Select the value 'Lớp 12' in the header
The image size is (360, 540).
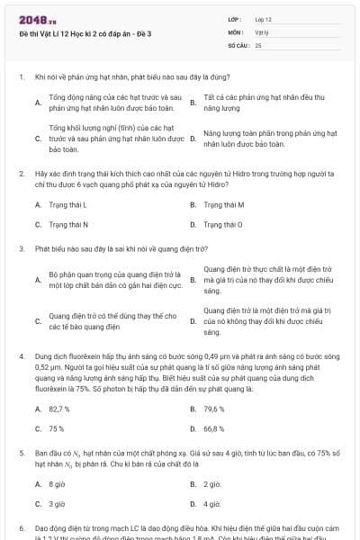click(x=264, y=18)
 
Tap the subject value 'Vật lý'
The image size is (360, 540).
click(x=262, y=31)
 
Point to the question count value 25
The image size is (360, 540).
click(x=258, y=44)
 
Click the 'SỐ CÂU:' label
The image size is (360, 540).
click(x=238, y=44)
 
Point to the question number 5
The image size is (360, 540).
click(x=21, y=453)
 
